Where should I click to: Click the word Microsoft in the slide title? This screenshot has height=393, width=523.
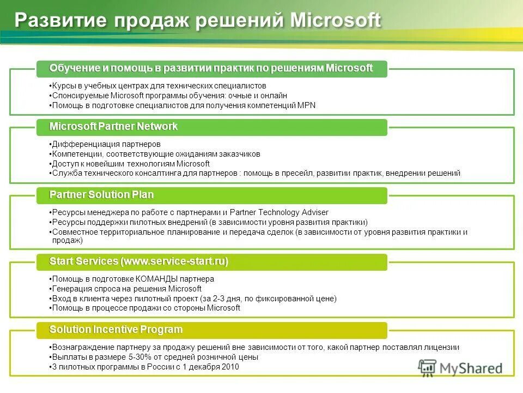pos(336,21)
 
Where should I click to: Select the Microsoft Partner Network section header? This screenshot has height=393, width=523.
pos(113,127)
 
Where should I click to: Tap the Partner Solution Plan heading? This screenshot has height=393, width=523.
pos(101,195)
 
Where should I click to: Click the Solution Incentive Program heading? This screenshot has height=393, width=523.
pos(115,330)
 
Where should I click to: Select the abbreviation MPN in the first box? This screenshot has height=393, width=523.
pos(306,105)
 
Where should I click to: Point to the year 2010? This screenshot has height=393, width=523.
pos(230,367)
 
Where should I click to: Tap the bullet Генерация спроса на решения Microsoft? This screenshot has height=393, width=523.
pos(126,289)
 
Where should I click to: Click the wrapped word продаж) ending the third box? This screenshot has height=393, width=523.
pos(67,240)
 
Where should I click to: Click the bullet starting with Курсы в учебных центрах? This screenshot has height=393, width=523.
pos(158,86)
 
